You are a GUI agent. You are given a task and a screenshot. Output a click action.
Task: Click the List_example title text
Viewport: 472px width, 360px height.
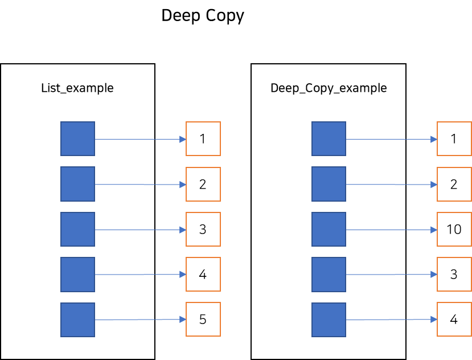(77, 88)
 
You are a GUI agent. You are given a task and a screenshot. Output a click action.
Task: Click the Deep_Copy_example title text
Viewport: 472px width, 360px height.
(329, 88)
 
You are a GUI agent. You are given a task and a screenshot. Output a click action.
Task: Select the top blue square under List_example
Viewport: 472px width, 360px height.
(77, 138)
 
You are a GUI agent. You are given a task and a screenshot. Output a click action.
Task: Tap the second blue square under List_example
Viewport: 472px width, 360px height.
(77, 184)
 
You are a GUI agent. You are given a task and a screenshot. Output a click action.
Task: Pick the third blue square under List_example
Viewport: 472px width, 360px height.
(77, 229)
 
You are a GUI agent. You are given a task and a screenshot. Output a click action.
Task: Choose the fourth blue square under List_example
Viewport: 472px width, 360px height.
(77, 274)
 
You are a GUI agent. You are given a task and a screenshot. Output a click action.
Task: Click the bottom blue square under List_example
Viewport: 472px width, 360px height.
(77, 320)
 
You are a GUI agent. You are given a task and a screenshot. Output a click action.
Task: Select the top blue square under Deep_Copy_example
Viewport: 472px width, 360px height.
(329, 138)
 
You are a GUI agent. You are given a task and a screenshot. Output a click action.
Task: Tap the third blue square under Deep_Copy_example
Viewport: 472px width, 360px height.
(329, 229)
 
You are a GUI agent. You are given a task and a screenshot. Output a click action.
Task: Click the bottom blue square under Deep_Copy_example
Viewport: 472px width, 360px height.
(329, 320)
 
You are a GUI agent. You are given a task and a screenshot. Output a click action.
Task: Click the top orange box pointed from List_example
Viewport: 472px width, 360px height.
(203, 138)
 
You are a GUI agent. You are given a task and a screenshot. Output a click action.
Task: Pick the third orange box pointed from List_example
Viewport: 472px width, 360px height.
(203, 229)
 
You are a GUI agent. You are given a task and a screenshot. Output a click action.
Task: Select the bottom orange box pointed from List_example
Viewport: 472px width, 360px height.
(203, 319)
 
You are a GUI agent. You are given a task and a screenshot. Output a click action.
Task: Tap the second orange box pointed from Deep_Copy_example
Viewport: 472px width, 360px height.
(454, 184)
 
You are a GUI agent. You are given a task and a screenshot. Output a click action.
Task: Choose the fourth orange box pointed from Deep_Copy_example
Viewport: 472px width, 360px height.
(454, 274)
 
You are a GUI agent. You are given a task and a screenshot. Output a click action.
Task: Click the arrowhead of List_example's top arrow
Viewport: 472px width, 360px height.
(183, 139)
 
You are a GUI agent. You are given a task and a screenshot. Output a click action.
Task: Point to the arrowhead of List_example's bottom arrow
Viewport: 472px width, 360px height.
(183, 320)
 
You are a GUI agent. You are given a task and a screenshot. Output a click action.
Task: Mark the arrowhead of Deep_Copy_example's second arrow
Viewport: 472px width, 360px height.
(434, 185)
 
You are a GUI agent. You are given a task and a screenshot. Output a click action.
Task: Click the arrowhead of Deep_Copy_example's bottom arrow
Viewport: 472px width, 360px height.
(434, 320)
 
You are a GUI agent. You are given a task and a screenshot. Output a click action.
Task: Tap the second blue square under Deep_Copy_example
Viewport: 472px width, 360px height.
(329, 184)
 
